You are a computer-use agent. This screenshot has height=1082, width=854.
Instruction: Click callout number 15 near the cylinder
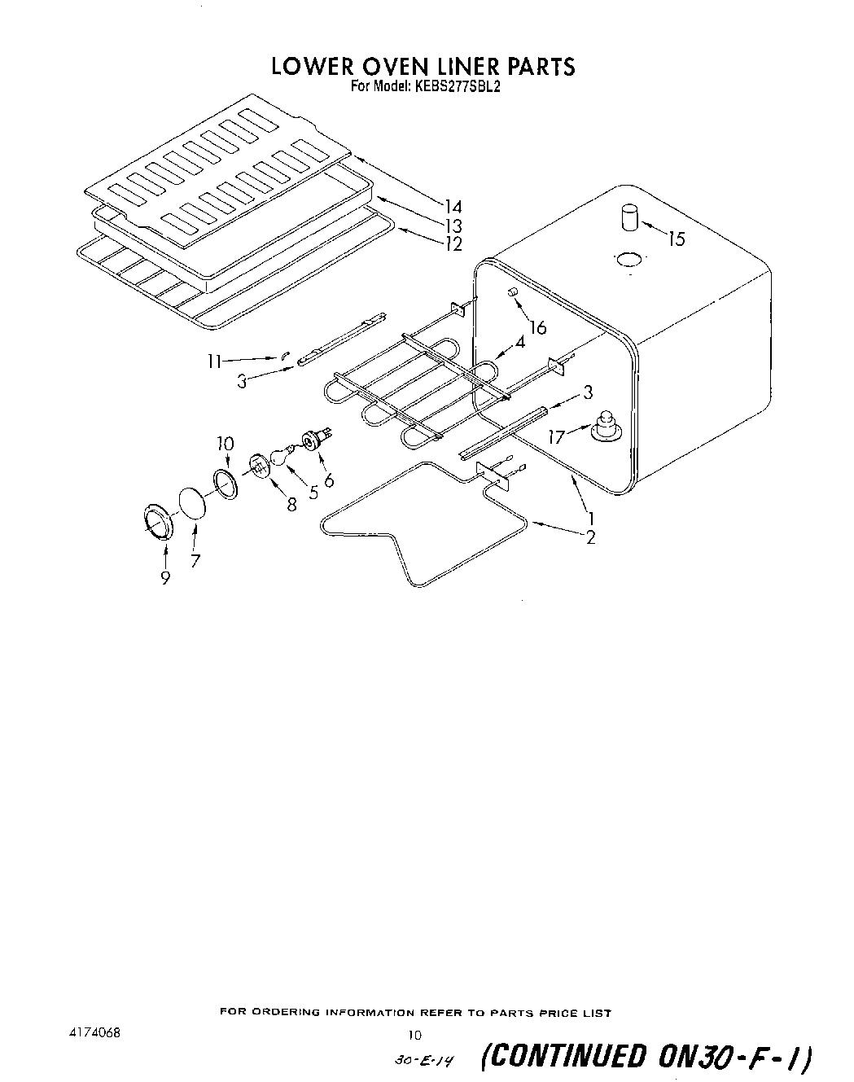[677, 239]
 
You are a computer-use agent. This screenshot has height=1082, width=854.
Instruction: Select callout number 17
[557, 437]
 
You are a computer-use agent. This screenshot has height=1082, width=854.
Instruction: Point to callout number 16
[537, 328]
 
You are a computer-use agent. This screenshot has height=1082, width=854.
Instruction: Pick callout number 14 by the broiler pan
[453, 206]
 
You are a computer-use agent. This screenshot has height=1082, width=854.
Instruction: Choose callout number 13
[453, 226]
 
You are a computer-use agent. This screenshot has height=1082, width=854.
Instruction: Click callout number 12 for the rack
[453, 243]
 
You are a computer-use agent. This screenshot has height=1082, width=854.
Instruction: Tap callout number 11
[214, 360]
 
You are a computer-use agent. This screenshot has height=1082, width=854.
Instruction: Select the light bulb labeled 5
[279, 455]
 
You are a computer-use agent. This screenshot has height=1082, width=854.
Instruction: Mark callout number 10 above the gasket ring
[226, 444]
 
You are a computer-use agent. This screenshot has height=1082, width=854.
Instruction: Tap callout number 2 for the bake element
[590, 537]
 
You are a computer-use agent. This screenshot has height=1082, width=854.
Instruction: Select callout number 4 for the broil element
[519, 342]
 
